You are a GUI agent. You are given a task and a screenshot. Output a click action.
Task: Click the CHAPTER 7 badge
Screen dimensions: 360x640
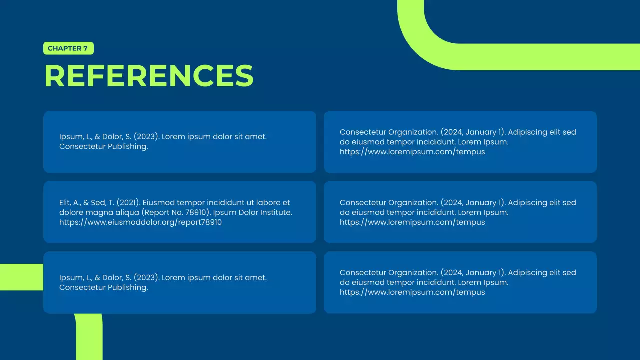click(68, 48)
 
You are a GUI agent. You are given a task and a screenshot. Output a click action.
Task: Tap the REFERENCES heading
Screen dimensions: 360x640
click(149, 76)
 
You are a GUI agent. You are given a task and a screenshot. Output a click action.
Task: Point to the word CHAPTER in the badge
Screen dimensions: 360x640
click(64, 48)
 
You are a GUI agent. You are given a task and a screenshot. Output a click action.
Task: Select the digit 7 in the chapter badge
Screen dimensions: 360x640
click(85, 48)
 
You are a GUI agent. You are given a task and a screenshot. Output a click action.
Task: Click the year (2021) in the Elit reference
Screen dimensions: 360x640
click(128, 203)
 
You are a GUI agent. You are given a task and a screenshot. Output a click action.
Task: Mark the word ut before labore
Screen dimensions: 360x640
click(248, 203)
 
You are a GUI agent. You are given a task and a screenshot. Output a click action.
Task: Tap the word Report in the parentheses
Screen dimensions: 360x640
click(159, 212)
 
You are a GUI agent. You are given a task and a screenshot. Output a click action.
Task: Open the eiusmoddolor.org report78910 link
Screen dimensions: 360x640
click(140, 222)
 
